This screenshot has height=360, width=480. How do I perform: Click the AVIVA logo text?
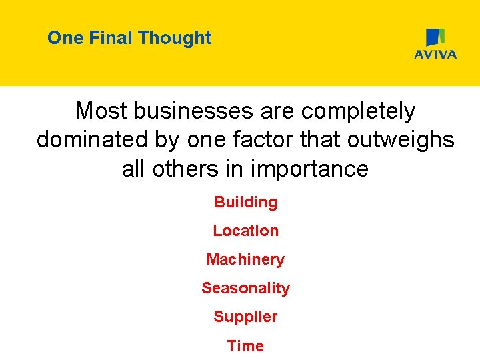(x=435, y=55)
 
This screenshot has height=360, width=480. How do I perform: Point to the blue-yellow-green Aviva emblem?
(x=435, y=37)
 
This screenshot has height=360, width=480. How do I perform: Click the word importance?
(x=310, y=169)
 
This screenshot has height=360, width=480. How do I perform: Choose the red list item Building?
(x=245, y=202)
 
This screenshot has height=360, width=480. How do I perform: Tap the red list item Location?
(x=245, y=231)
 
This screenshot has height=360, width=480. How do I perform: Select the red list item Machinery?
(x=245, y=259)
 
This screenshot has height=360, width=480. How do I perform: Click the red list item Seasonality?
(x=245, y=288)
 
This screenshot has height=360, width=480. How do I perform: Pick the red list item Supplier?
(x=245, y=317)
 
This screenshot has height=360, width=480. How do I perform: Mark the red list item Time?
(x=245, y=345)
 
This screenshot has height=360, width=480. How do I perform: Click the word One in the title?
(x=64, y=38)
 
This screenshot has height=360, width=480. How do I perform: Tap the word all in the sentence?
(x=134, y=169)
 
